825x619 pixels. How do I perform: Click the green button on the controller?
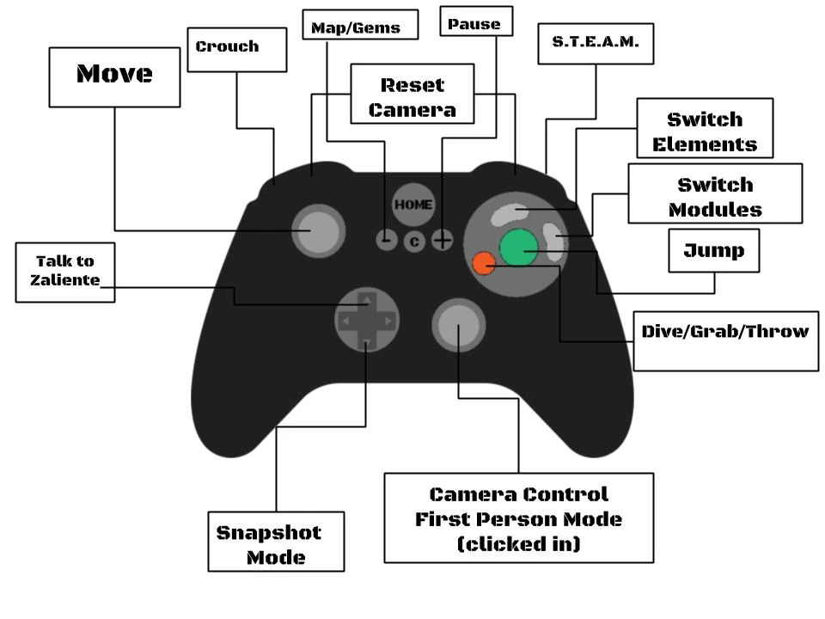pyautogui.click(x=517, y=248)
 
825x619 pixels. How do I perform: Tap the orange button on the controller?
pyautogui.click(x=484, y=264)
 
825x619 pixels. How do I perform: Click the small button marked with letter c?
pyautogui.click(x=415, y=242)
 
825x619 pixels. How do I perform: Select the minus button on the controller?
pyautogui.click(x=387, y=240)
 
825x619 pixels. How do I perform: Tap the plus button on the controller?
pyautogui.click(x=443, y=240)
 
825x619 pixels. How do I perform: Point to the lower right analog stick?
pyautogui.click(x=458, y=325)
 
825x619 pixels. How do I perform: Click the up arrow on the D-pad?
pyautogui.click(x=365, y=301)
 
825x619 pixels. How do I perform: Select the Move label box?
pyautogui.click(x=114, y=75)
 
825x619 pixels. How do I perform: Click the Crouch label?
pyautogui.click(x=227, y=46)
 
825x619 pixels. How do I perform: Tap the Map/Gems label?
pyautogui.click(x=355, y=28)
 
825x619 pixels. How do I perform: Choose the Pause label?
pyautogui.click(x=474, y=24)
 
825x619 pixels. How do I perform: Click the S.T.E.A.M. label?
pyautogui.click(x=595, y=41)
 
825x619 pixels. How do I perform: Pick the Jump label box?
pyautogui.click(x=713, y=250)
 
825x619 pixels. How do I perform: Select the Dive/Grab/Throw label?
pyautogui.click(x=725, y=332)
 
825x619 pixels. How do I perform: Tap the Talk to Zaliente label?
pyautogui.click(x=64, y=270)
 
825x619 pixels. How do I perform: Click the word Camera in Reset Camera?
pyautogui.click(x=412, y=109)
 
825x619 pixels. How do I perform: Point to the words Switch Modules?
pyautogui.click(x=715, y=197)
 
